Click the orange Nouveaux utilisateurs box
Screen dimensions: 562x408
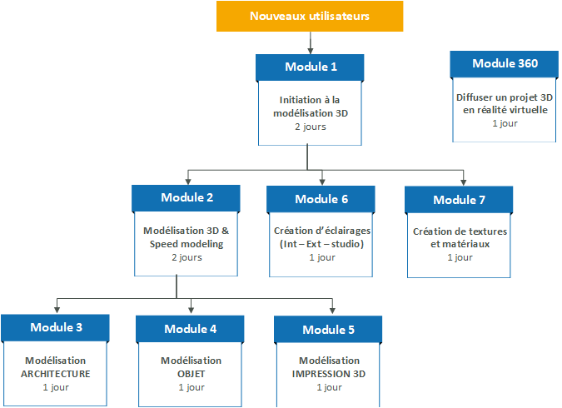click(x=310, y=16)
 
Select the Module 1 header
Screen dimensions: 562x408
click(x=310, y=67)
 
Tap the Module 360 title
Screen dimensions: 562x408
click(x=505, y=64)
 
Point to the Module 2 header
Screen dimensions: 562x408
click(x=186, y=198)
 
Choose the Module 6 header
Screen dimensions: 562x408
click(x=321, y=199)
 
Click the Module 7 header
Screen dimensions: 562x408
click(x=459, y=200)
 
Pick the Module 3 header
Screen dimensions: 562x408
click(x=55, y=328)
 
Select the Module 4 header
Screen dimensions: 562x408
click(x=190, y=329)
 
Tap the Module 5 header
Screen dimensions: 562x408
click(x=328, y=330)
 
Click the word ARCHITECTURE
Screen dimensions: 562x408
click(x=56, y=374)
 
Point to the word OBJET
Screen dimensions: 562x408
click(x=191, y=374)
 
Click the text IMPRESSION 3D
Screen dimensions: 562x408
click(x=329, y=374)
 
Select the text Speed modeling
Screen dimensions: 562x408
click(x=187, y=244)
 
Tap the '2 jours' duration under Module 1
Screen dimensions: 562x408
click(x=311, y=127)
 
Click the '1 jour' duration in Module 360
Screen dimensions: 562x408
click(x=505, y=123)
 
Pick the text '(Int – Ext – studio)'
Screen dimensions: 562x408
click(x=322, y=244)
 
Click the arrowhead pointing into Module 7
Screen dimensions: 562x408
click(x=464, y=182)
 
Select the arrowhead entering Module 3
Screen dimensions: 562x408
click(x=57, y=310)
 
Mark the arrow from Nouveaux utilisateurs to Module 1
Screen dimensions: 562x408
click(x=311, y=43)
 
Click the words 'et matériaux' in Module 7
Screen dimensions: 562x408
click(x=460, y=244)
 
